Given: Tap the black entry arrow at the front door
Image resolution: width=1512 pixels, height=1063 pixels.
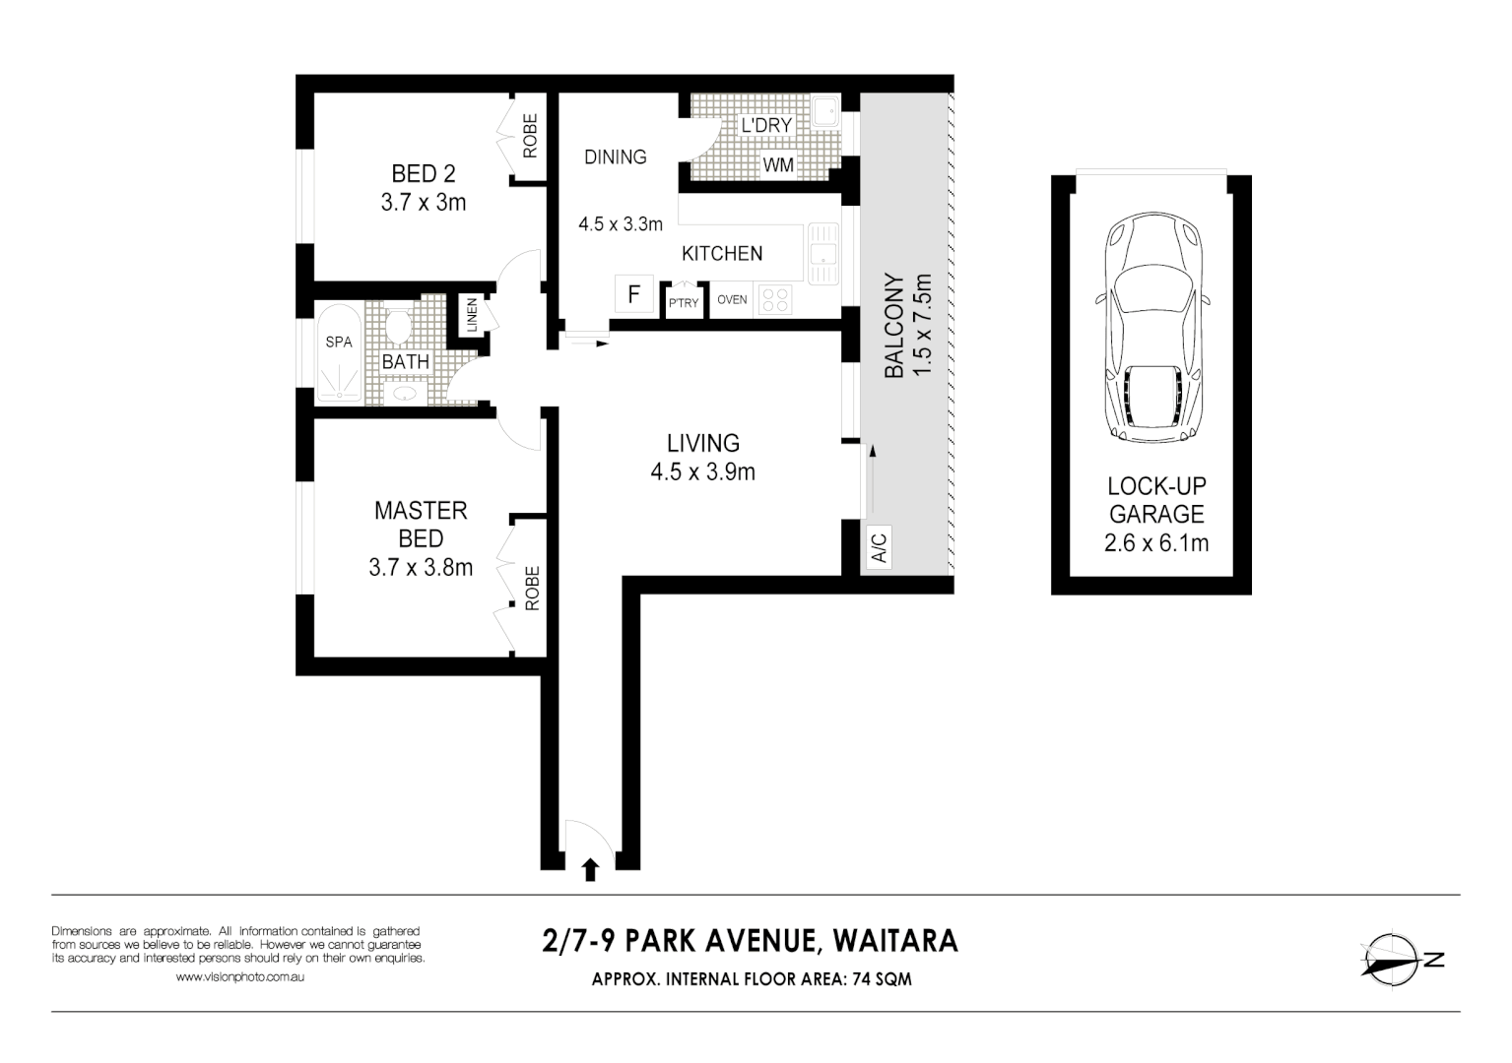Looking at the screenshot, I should (590, 869).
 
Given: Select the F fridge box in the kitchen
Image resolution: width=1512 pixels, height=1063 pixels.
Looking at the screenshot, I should (634, 293).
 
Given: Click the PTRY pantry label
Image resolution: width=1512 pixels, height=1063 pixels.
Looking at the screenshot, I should (684, 302).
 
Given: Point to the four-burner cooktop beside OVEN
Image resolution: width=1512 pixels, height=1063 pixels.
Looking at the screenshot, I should (776, 300).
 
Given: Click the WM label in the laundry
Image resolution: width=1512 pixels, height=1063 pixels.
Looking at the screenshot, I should (778, 165).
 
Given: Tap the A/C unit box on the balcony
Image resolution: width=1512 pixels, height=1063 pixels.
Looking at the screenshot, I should (879, 546).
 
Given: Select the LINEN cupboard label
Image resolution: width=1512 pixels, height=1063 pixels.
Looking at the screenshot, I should (472, 315).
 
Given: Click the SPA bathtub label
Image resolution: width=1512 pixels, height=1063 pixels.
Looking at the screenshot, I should (339, 343).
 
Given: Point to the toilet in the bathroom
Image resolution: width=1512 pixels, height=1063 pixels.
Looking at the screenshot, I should (398, 326).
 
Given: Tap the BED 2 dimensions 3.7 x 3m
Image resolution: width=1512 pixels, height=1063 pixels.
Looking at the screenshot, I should (424, 203).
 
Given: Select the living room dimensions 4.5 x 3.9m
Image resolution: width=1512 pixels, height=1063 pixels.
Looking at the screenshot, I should (702, 472).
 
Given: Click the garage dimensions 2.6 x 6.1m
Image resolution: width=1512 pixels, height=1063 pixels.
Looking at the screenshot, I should (1156, 542).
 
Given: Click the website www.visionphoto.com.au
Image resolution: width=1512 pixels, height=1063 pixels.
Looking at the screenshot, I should (239, 977).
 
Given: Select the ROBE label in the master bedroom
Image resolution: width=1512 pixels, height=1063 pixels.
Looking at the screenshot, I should (532, 588).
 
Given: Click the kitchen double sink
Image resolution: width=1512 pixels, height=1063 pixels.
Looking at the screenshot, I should (821, 254).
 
